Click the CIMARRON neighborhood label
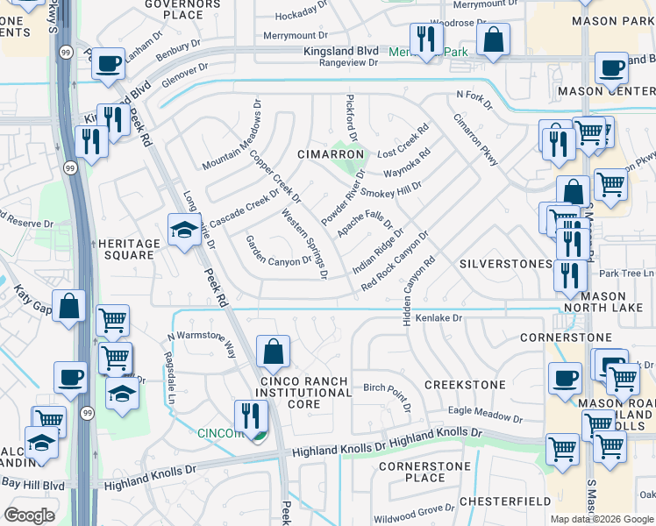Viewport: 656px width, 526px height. click(331, 154)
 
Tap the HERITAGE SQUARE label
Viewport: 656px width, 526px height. click(129, 249)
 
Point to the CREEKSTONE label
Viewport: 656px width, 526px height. click(465, 385)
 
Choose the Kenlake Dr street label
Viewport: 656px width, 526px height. click(438, 317)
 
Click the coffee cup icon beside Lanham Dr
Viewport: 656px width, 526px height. click(108, 63)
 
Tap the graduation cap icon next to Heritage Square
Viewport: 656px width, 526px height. click(183, 230)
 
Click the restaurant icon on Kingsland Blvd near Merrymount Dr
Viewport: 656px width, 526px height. click(426, 39)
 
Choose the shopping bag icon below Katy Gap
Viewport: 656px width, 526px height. click(69, 306)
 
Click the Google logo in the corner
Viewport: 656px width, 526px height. click(29, 515)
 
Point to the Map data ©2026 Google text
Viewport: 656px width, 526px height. click(602, 519)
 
